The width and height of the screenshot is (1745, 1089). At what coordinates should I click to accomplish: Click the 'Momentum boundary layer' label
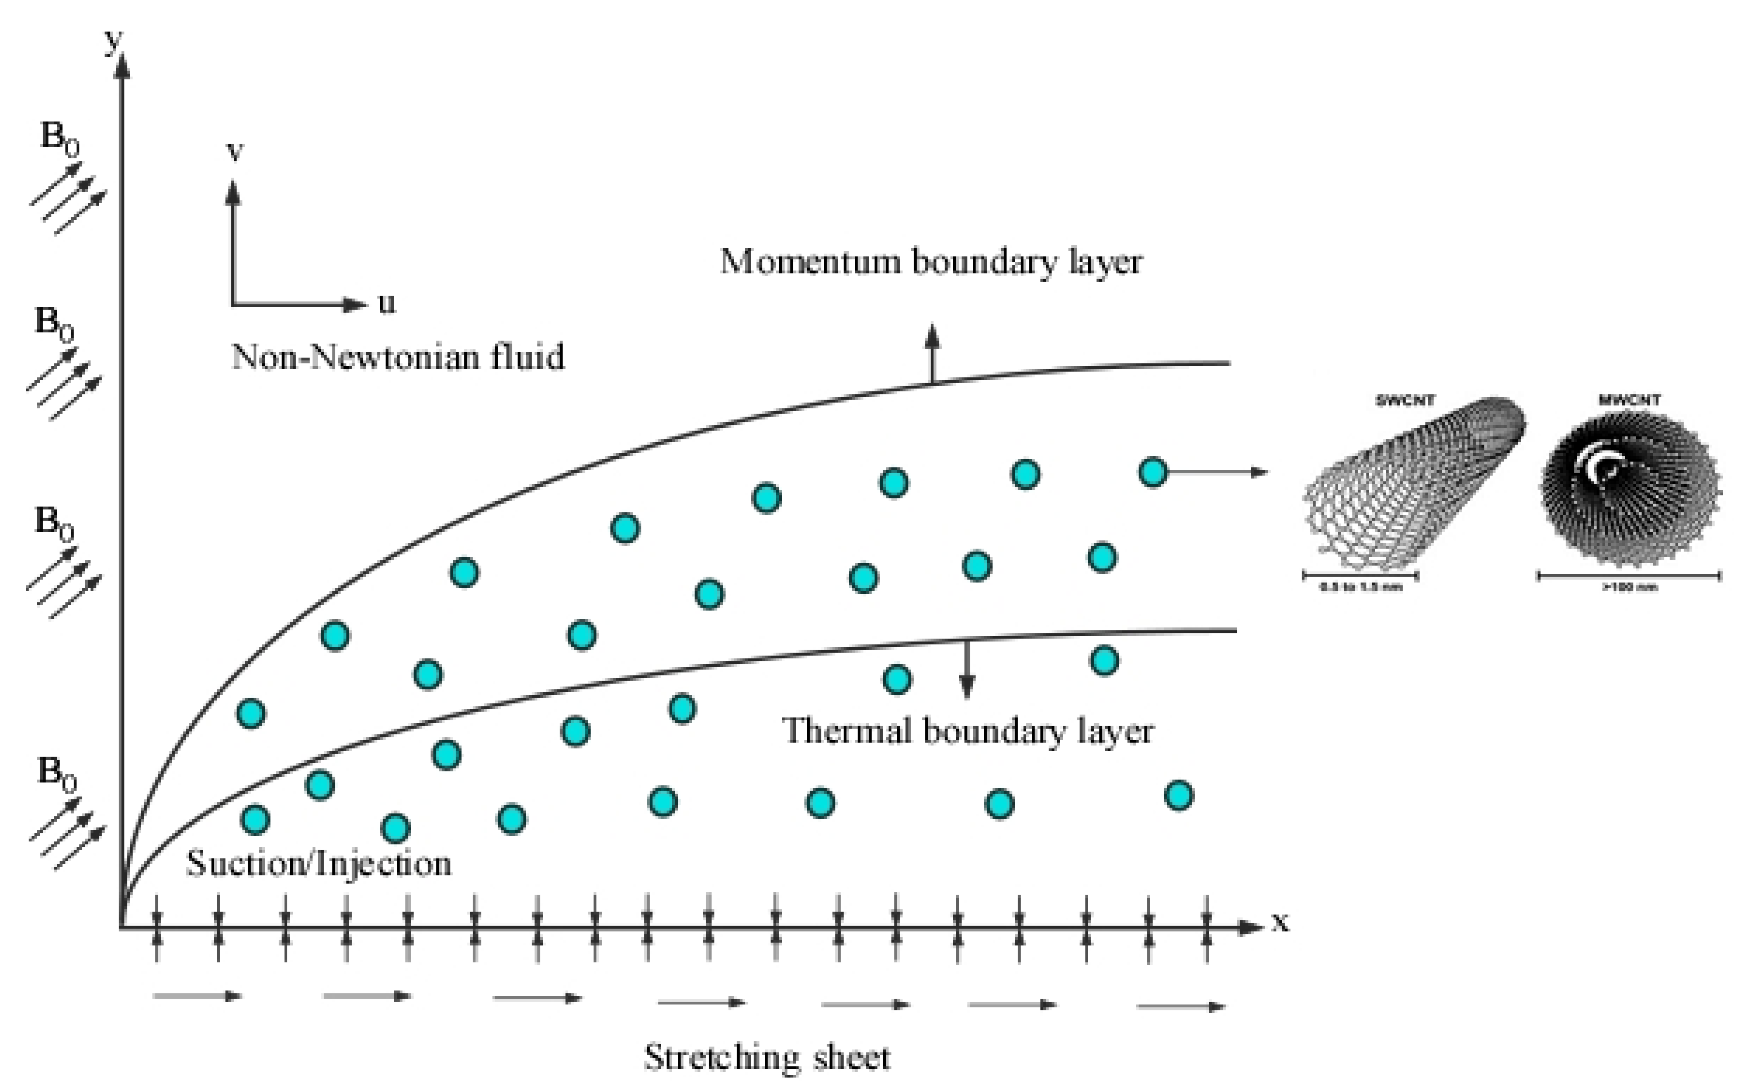(931, 262)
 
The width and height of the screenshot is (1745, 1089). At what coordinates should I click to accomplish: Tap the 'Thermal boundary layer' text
(967, 731)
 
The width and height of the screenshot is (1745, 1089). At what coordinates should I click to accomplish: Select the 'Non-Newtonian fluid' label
(398, 356)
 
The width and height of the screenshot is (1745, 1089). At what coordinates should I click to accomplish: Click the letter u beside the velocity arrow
(387, 303)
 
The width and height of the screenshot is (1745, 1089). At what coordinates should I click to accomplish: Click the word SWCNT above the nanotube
(1405, 400)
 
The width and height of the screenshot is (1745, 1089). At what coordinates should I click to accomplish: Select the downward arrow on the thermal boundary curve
(966, 670)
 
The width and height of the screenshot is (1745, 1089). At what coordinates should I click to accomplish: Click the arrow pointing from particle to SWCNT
(1217, 473)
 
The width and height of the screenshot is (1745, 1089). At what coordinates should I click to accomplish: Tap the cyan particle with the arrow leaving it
(1152, 473)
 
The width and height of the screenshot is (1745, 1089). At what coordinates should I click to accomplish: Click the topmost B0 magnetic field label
(59, 137)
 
